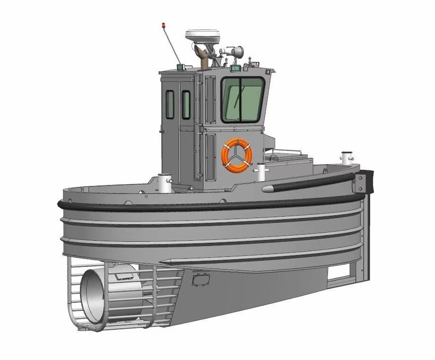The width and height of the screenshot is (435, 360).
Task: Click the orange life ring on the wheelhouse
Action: [237, 154]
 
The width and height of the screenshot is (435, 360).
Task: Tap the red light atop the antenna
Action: [164, 24]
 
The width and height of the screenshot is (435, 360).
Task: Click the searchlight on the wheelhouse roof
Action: [235, 51]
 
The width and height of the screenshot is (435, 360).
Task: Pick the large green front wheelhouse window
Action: [242, 99]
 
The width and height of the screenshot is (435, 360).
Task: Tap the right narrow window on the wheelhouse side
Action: [186, 105]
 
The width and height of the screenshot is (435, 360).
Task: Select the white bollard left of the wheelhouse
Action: [164, 183]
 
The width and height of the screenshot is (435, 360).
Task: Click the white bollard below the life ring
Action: [261, 172]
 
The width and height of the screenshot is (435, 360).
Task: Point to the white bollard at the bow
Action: [347, 158]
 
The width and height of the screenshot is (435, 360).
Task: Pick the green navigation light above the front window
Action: [235, 69]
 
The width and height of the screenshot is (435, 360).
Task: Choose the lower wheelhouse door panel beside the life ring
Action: [210, 156]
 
